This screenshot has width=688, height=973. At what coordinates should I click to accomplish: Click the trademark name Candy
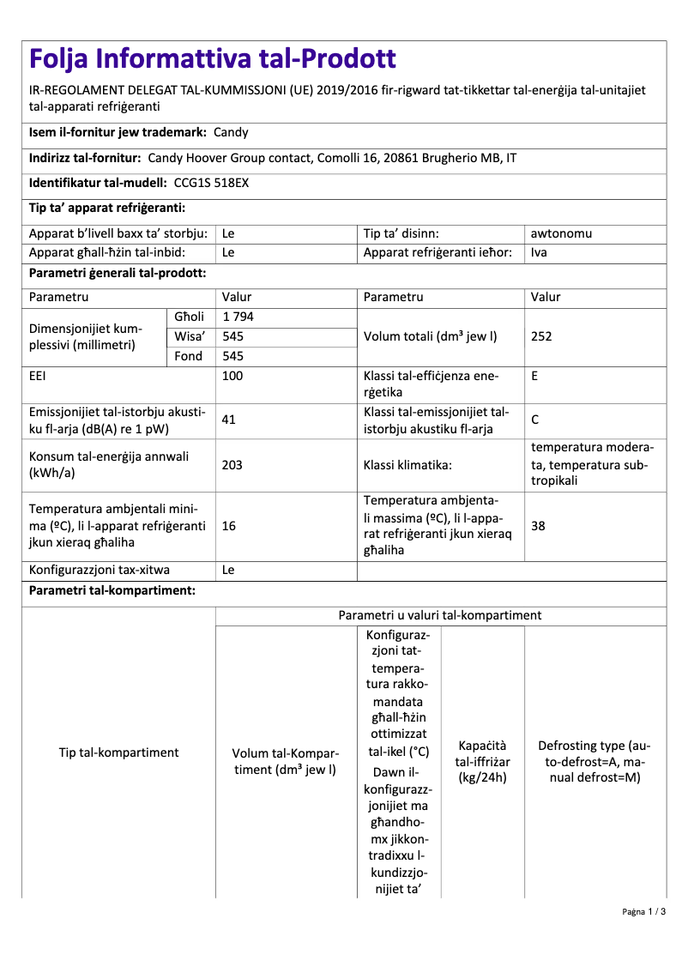pos(231,133)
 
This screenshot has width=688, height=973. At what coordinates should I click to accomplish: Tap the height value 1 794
pos(238,317)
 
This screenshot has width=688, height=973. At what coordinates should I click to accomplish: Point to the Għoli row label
pos(189,317)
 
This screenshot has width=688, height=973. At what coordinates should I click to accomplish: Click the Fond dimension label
pos(189,356)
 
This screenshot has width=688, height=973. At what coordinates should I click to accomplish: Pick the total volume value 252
pos(541,336)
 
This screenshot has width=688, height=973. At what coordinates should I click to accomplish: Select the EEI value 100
pos(232,376)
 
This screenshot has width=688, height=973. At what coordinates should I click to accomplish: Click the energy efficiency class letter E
pos(534,376)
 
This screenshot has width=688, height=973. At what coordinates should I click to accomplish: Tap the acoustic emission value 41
pos(229,420)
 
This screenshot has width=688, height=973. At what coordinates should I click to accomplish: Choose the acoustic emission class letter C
pos(535,420)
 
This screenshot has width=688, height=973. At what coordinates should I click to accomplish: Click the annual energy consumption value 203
pos(232,464)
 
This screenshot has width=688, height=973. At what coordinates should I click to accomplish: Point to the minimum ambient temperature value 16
pos(229,526)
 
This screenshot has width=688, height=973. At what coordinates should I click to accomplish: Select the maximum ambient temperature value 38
pos(538,526)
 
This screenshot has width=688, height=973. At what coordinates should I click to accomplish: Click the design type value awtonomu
pos(561,233)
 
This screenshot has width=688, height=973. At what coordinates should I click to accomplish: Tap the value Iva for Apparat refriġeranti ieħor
pos(539,252)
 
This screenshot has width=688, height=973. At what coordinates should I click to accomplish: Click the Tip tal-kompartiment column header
pos(118,752)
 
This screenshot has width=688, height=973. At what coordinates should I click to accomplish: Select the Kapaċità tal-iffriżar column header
pos(483,761)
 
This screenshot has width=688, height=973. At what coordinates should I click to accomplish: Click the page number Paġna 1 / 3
pos(644,911)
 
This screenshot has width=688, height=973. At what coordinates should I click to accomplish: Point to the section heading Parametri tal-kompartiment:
pos(112,591)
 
